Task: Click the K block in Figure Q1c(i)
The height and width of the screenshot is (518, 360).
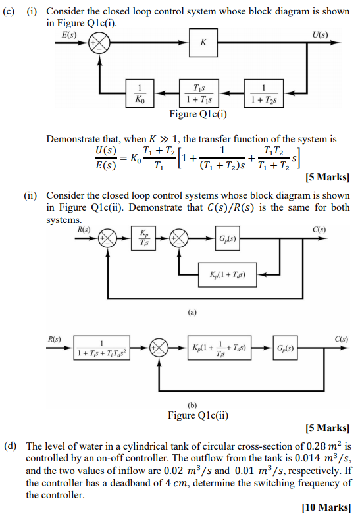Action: tap(203, 43)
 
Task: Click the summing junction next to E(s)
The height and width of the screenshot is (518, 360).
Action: tap(100, 43)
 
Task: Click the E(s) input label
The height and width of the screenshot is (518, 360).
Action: tap(68, 33)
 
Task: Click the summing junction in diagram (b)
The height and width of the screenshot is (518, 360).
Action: tap(158, 347)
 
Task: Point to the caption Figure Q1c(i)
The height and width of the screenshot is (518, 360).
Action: tap(197, 114)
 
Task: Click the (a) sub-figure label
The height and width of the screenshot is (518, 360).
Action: tap(192, 313)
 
